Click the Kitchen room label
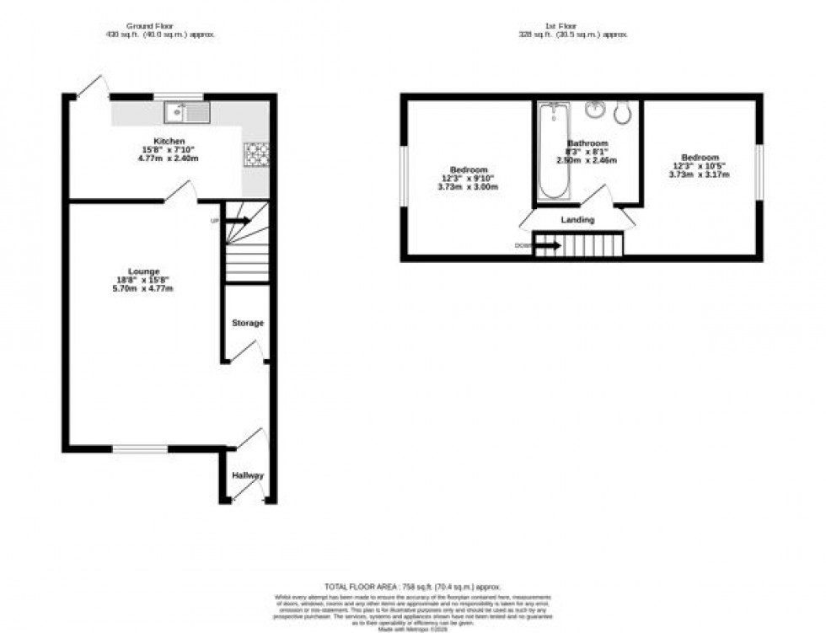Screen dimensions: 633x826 click(169, 141)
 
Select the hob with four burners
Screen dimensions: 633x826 click(256, 153)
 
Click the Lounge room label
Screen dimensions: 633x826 click(144, 271)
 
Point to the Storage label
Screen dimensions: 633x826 click(248, 323)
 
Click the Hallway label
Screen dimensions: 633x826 click(248, 475)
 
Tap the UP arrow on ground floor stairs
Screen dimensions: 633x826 click(238, 221)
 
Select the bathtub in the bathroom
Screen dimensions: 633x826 click(554, 151)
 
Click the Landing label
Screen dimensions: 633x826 click(577, 220)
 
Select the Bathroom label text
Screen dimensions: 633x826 click(587, 143)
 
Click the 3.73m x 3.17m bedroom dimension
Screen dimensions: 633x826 click(700, 174)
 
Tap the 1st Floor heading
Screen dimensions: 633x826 click(574, 25)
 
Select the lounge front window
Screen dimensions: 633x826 click(140, 449)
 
